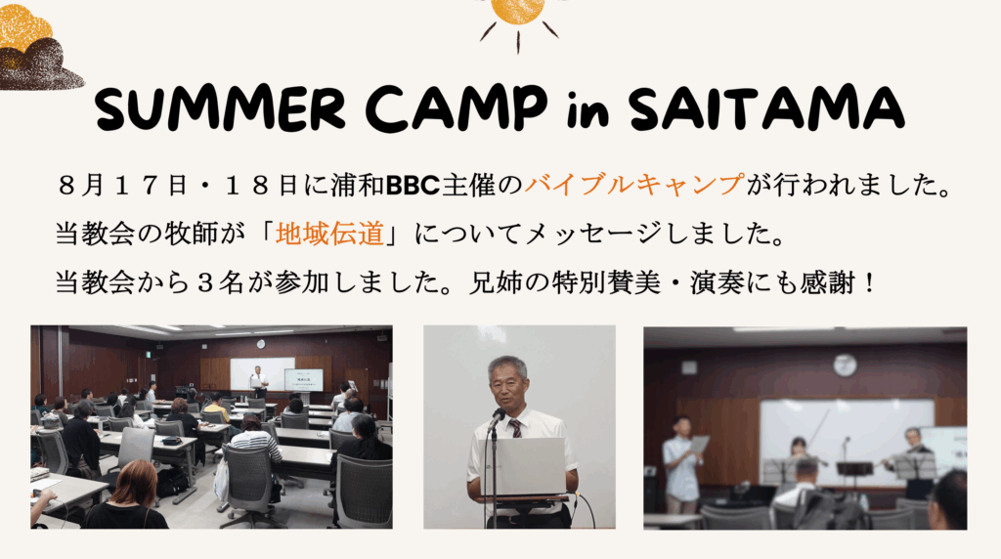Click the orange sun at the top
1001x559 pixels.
click(x=517, y=10)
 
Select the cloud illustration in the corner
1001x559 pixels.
click(x=37, y=49)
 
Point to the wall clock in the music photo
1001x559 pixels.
click(x=845, y=365)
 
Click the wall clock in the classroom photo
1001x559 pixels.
click(x=260, y=343)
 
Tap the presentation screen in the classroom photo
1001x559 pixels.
click(x=303, y=379)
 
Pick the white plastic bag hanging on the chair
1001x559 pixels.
click(x=222, y=481)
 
